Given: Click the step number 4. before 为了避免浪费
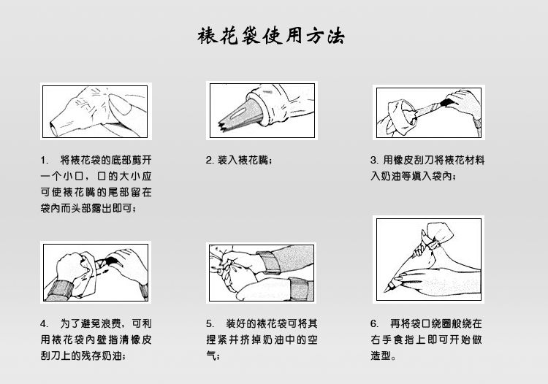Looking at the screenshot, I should coord(45,323).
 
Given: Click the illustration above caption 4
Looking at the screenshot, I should coord(95,272).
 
